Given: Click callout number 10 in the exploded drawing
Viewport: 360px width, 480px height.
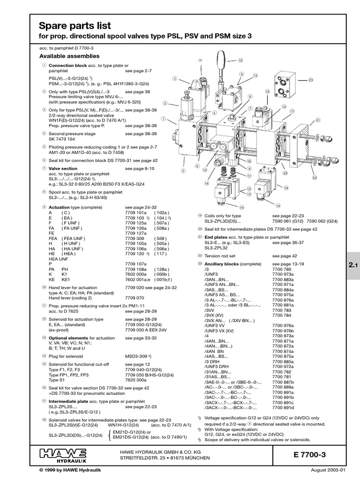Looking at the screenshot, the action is pyautogui.click(x=240, y=60).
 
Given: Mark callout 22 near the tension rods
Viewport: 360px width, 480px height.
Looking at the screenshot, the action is pyautogui.click(x=315, y=178).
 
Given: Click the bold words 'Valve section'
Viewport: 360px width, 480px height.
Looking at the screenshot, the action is pyautogui.click(x=63, y=168).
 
